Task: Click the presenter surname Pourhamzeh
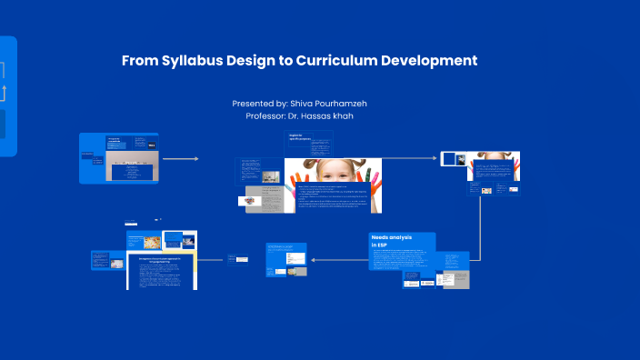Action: (342, 104)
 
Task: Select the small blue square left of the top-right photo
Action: (449, 159)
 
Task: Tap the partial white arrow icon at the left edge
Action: (4, 91)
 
